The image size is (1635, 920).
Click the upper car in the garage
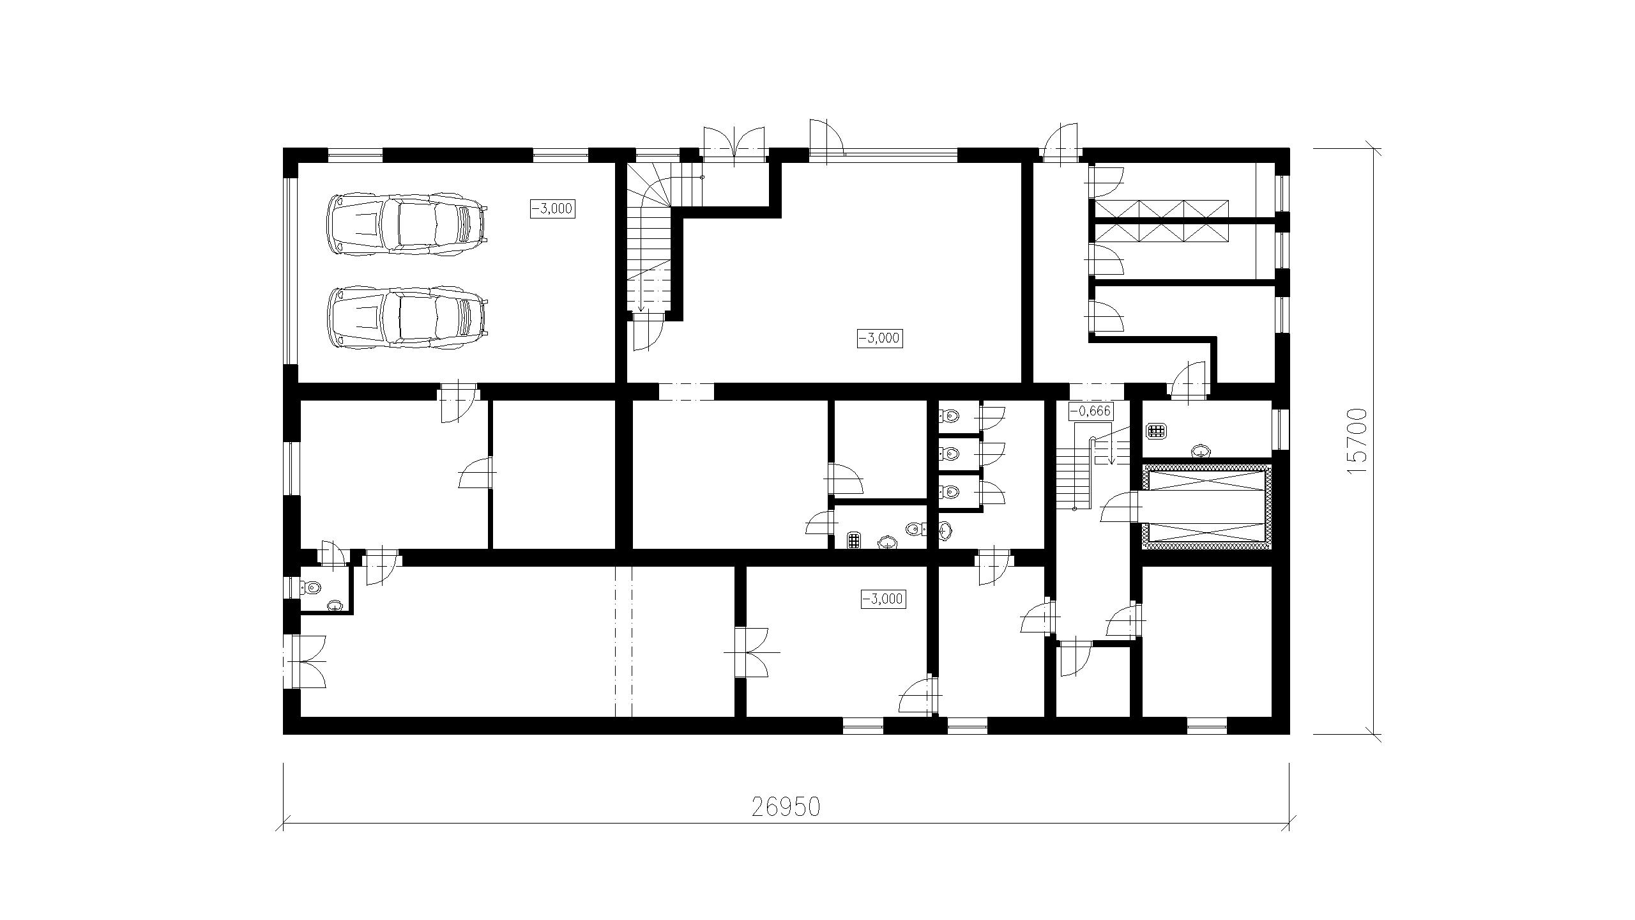tap(407, 226)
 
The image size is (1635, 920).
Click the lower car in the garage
tap(407, 318)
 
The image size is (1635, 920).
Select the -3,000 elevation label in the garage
tap(552, 208)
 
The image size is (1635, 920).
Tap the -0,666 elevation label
tap(1091, 411)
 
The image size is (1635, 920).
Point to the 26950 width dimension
tap(786, 808)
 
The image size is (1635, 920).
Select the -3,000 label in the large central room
tap(879, 338)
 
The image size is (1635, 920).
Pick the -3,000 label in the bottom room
tap(883, 599)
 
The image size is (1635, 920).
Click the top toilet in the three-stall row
tap(949, 417)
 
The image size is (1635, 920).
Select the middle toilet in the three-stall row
tap(949, 454)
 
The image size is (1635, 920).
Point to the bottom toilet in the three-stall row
tap(949, 492)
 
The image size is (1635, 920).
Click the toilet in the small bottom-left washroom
tap(312, 586)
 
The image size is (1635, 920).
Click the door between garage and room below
tap(458, 402)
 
